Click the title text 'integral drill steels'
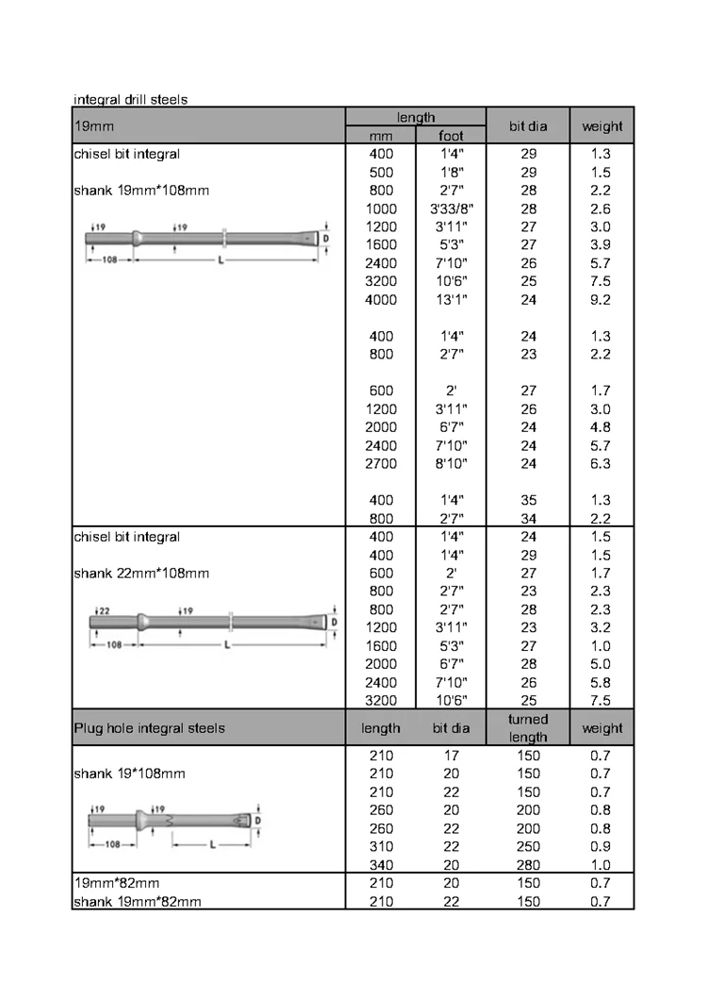(x=130, y=99)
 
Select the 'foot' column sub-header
(x=452, y=136)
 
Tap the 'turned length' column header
(x=528, y=727)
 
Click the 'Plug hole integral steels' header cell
(x=149, y=728)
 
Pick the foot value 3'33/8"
(x=452, y=208)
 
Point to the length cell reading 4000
(x=382, y=300)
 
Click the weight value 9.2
(x=601, y=300)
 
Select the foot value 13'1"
(x=452, y=300)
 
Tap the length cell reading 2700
(x=382, y=463)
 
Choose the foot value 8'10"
(x=452, y=463)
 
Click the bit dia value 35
(x=528, y=500)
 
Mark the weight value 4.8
(x=601, y=427)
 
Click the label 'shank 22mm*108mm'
(x=141, y=574)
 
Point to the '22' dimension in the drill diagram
(x=104, y=610)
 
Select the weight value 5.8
(x=601, y=682)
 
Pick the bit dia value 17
(x=452, y=756)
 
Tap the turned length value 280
(x=528, y=865)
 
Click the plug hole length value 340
(x=382, y=865)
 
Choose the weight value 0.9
(x=601, y=846)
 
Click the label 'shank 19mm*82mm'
(x=138, y=901)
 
